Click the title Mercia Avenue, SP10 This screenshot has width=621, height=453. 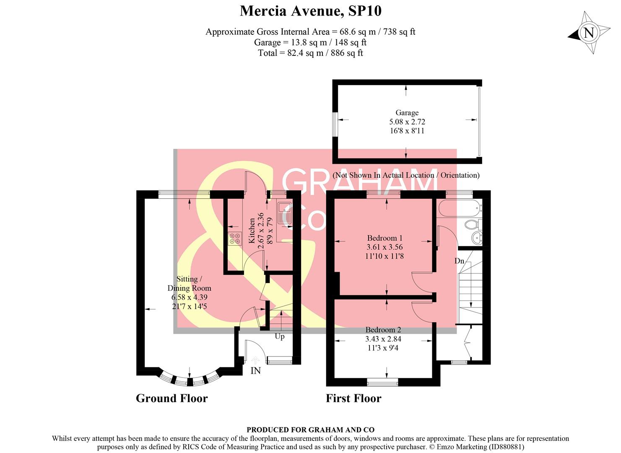click(x=310, y=11)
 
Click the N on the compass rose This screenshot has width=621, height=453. click(x=589, y=33)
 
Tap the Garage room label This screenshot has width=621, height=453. click(x=407, y=112)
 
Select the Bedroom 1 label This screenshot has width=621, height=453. click(x=385, y=238)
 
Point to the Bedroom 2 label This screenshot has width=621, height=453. click(x=383, y=330)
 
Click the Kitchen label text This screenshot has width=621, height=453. click(x=252, y=230)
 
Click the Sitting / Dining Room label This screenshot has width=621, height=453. click(x=189, y=284)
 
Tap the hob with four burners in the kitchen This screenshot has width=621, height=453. click(x=235, y=239)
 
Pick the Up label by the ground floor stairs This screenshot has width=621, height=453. click(x=279, y=336)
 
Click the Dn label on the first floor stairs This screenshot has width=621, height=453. click(x=459, y=261)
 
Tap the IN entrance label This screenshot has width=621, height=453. click(x=255, y=371)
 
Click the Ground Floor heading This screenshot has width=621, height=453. click(x=171, y=398)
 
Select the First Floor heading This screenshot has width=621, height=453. click(x=353, y=398)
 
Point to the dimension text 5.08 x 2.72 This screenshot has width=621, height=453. click(x=407, y=122)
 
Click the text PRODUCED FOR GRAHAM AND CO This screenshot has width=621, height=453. click(x=310, y=430)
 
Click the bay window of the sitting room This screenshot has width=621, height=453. click(x=190, y=380)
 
